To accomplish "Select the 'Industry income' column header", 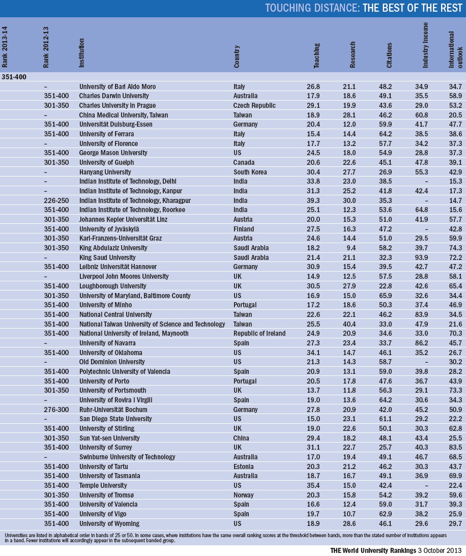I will click(426, 46).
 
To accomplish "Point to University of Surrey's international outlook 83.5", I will click(455, 448).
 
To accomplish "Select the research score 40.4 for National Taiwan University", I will click(350, 324).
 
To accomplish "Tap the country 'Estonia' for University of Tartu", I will click(245, 466).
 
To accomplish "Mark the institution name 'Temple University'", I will click(103, 486).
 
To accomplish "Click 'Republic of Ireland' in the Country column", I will click(259, 334).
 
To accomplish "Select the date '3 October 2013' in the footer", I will click(438, 550).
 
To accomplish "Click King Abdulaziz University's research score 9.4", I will click(352, 248).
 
